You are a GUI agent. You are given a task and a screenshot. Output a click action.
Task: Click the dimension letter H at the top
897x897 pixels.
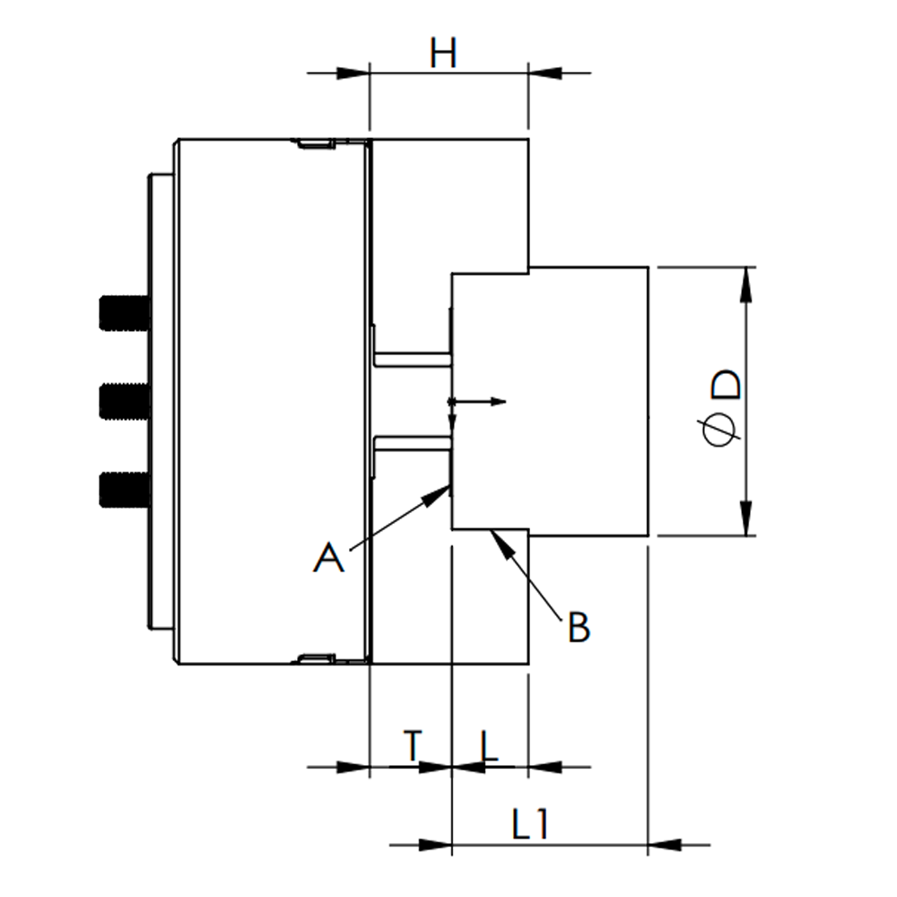[x=443, y=54]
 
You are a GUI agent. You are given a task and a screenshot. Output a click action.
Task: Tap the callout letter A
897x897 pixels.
[x=328, y=557]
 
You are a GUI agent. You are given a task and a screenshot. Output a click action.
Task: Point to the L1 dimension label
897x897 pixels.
[x=530, y=825]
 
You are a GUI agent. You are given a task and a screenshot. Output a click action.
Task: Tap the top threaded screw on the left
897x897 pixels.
[x=124, y=313]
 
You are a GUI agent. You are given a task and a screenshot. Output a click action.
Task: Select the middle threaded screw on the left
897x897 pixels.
[x=124, y=402]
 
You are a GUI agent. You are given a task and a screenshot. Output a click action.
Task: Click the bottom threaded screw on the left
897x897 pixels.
[x=124, y=490]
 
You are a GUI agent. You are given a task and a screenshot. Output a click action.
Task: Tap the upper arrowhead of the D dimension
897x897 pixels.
[x=746, y=284]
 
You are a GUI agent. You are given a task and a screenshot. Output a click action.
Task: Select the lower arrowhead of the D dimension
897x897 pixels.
[x=746, y=518]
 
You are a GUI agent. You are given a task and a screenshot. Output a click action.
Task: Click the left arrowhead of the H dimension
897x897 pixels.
[x=353, y=74]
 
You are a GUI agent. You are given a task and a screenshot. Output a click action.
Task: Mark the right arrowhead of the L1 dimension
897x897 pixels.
[x=665, y=844]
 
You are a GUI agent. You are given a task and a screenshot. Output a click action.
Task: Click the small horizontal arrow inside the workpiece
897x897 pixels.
[x=479, y=402]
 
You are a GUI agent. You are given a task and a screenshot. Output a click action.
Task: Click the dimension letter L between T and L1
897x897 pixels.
[x=489, y=746]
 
